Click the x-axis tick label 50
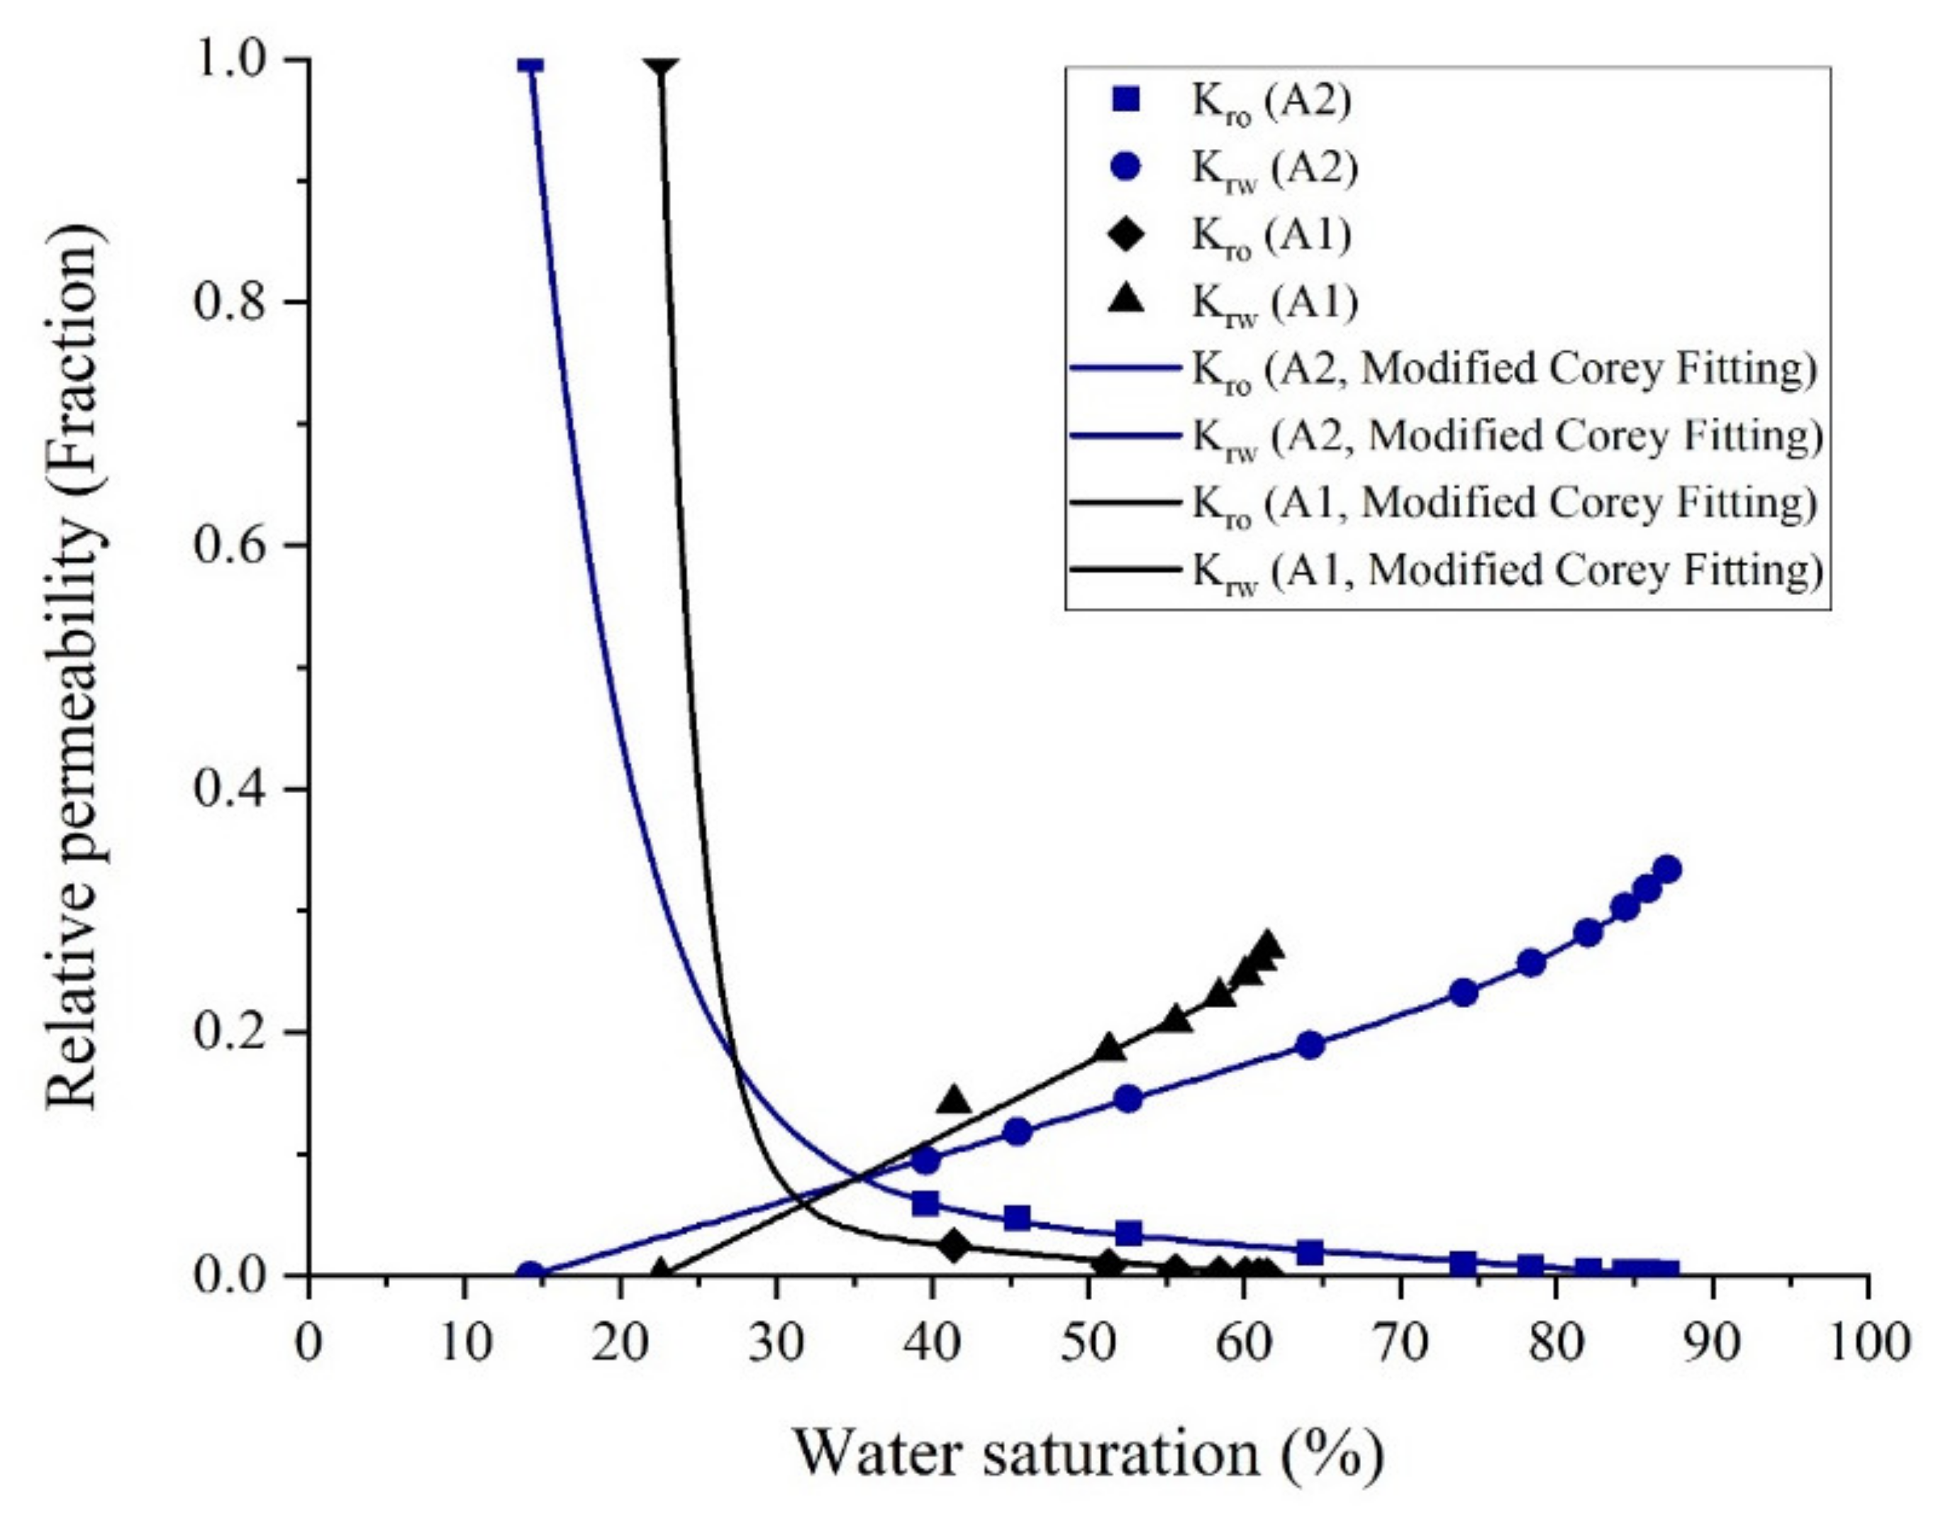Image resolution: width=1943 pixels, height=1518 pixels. click(1087, 1343)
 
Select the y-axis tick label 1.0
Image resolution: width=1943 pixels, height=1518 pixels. click(233, 60)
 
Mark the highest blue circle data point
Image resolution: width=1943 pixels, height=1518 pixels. click(1667, 870)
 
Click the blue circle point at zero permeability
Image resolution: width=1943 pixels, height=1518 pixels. click(530, 1273)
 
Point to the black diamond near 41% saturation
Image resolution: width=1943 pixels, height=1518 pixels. click(954, 1246)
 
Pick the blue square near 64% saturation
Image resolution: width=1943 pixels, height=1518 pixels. click(1310, 1252)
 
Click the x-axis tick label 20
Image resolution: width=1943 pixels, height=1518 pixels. click(620, 1343)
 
